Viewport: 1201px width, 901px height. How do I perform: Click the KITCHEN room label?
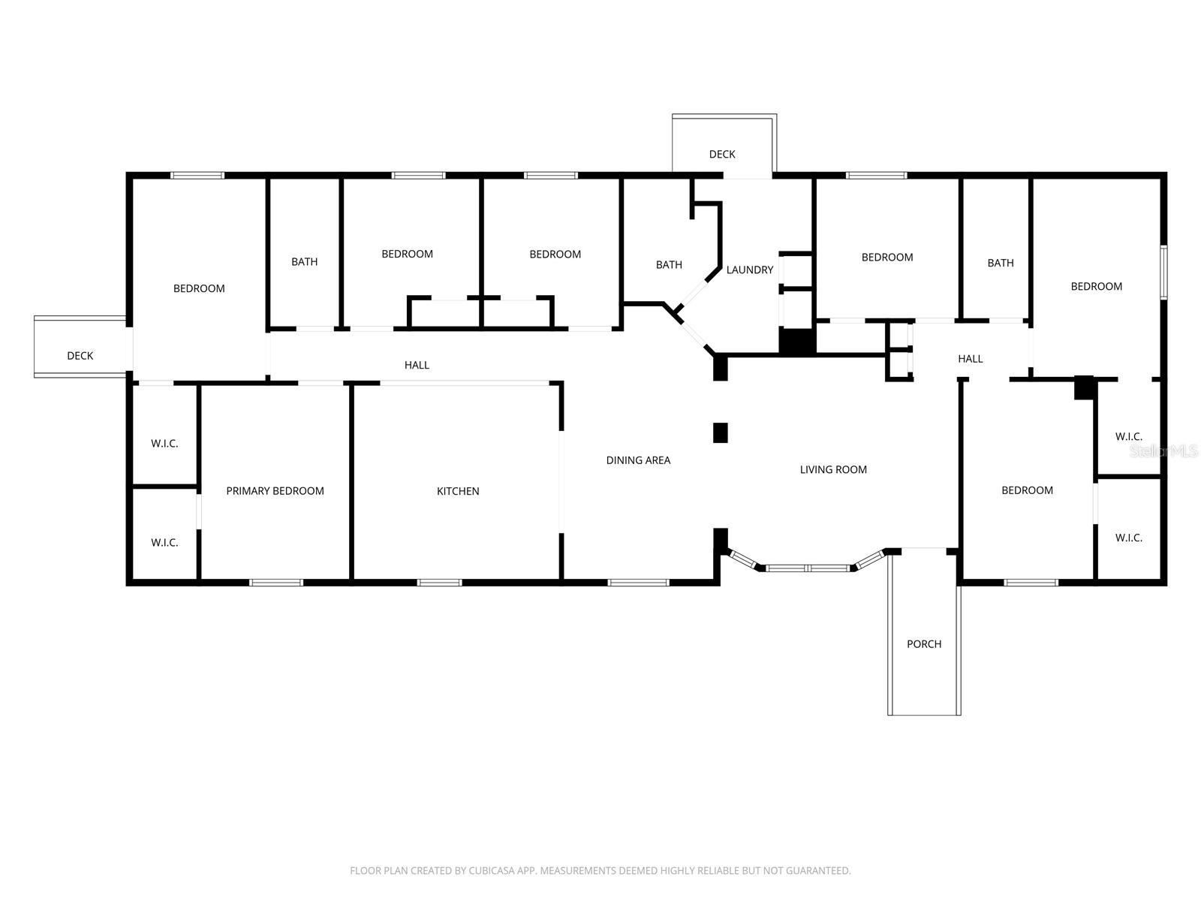(458, 491)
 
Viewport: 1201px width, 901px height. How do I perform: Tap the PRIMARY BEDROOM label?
(275, 491)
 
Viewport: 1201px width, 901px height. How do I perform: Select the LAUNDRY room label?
(749, 270)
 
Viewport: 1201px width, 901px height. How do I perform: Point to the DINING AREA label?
(638, 460)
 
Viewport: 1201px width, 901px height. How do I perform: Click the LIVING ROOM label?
(833, 469)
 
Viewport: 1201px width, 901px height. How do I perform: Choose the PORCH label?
(923, 644)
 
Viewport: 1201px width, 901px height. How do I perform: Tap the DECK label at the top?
(722, 154)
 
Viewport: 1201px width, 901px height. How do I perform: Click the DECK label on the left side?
(80, 356)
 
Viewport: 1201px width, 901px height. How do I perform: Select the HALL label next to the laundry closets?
(970, 359)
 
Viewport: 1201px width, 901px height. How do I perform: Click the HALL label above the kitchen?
(417, 365)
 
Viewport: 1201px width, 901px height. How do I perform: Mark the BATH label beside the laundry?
(669, 264)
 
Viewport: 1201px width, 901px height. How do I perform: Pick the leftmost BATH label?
(304, 262)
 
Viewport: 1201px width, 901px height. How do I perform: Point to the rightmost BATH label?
(1000, 263)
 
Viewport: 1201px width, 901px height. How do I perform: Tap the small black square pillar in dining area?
(720, 432)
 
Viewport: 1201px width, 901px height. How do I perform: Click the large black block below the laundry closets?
(797, 342)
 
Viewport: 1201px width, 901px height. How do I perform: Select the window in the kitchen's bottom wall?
(439, 583)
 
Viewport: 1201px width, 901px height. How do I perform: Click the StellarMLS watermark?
(1163, 450)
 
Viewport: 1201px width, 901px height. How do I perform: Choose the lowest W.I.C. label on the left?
(164, 542)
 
